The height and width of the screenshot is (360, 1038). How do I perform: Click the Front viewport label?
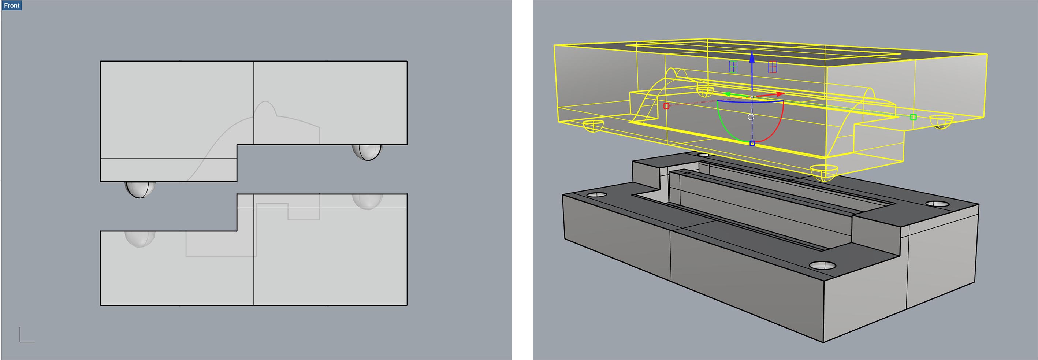pyautogui.click(x=11, y=5)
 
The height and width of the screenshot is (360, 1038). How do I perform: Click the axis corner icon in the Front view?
pyautogui.click(x=27, y=335)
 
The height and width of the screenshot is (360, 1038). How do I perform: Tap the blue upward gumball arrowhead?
pyautogui.click(x=752, y=57)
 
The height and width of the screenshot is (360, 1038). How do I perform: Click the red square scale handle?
pyautogui.click(x=666, y=106)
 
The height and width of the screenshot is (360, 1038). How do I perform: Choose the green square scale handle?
pyautogui.click(x=914, y=117)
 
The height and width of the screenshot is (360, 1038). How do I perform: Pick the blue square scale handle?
pyautogui.click(x=752, y=143)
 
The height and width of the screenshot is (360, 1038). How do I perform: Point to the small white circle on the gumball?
pyautogui.click(x=751, y=117)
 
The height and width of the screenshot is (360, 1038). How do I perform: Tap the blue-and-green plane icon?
pyautogui.click(x=733, y=67)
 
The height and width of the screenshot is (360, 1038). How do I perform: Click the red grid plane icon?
pyautogui.click(x=773, y=67)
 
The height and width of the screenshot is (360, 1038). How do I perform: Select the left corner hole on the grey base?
pyautogui.click(x=597, y=195)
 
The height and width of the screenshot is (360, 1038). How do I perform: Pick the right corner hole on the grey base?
pyautogui.click(x=938, y=204)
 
